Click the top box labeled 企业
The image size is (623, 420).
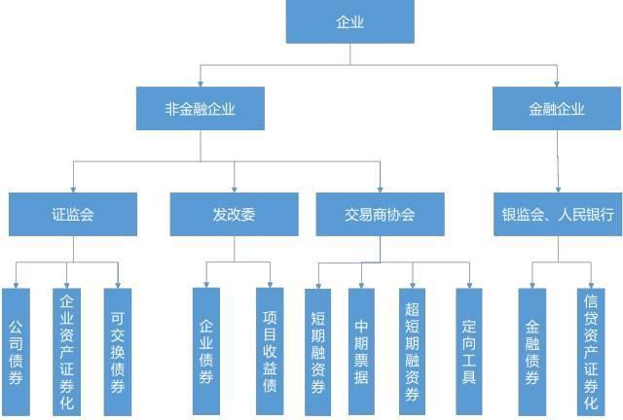pyautogui.click(x=349, y=21)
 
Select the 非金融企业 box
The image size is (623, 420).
pyautogui.click(x=201, y=108)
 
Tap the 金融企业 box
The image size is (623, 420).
pyautogui.click(x=558, y=108)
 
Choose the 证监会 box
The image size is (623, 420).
pyautogui.click(x=73, y=214)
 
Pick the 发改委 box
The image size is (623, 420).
pyautogui.click(x=234, y=214)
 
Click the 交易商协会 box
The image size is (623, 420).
pyautogui.click(x=380, y=214)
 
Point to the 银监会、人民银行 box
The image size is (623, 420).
pyautogui.click(x=558, y=214)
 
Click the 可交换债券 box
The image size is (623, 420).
pyautogui.click(x=117, y=351)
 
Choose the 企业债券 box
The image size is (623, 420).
pyautogui.click(x=205, y=351)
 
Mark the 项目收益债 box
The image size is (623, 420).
pyautogui.click(x=270, y=351)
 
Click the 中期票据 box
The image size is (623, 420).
pyautogui.click(x=361, y=351)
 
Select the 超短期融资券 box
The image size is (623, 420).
pyautogui.click(x=412, y=351)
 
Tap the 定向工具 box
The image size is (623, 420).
pyautogui.click(x=469, y=351)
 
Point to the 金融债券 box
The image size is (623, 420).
pyautogui.click(x=531, y=351)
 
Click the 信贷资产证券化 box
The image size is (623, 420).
pyautogui.click(x=590, y=351)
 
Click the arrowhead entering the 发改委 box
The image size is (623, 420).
pyautogui.click(x=234, y=188)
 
